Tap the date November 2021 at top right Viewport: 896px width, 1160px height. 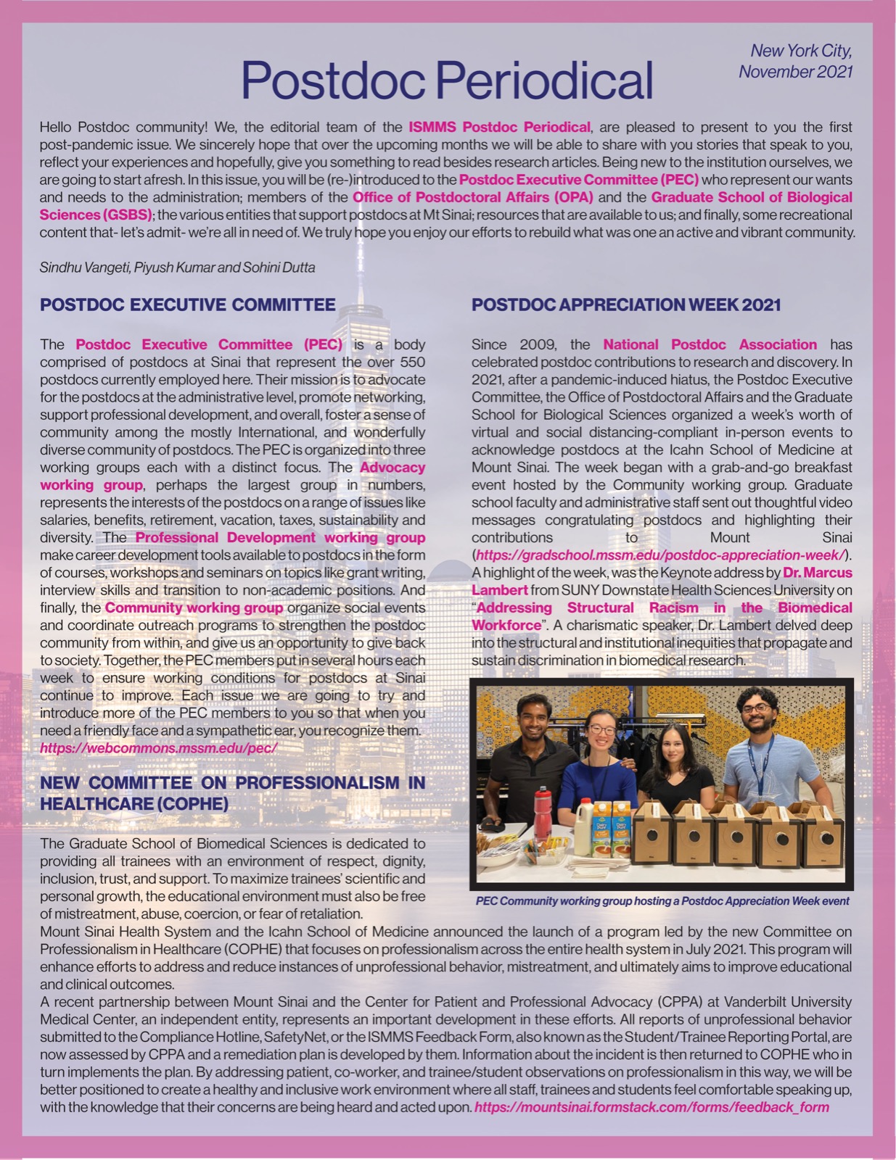coord(795,72)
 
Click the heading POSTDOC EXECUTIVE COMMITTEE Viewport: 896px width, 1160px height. coord(187,304)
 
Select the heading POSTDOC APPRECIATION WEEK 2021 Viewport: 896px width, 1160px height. coord(625,304)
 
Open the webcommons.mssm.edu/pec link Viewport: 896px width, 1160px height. coord(158,748)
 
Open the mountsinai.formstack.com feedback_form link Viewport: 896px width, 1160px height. coord(651,1107)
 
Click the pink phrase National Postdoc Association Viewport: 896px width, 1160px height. coord(710,344)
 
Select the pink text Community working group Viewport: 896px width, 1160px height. coord(194,608)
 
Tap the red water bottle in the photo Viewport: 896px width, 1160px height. coord(543,813)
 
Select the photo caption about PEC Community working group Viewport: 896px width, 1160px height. coord(662,901)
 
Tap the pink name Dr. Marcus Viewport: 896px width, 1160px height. coord(818,573)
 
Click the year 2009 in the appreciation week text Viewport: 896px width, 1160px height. coord(539,344)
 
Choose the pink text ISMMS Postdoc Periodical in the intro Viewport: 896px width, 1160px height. coord(499,127)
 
